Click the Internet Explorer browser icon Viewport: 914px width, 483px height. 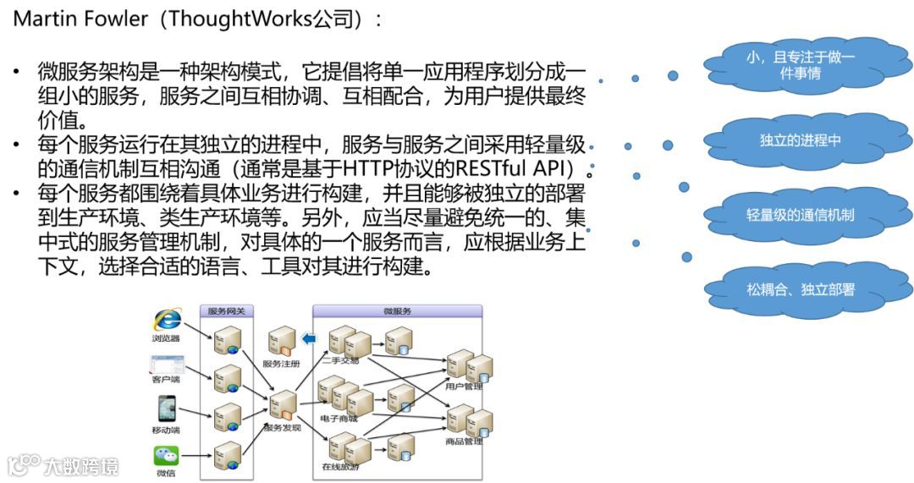click(x=167, y=320)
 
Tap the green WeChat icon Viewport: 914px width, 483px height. click(x=166, y=456)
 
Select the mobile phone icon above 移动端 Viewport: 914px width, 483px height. click(x=166, y=409)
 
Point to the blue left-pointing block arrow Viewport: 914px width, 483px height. click(x=309, y=339)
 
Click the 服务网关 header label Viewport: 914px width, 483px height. click(x=227, y=311)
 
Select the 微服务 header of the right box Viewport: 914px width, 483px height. click(x=397, y=311)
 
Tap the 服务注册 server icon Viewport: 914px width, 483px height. click(x=281, y=341)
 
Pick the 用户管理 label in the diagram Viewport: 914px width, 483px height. click(x=463, y=387)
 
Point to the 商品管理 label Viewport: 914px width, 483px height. click(x=463, y=441)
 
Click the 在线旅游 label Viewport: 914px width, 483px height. click(x=339, y=466)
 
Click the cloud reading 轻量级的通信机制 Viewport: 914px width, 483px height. click(x=800, y=215)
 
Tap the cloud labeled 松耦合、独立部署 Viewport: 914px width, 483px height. click(x=800, y=289)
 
